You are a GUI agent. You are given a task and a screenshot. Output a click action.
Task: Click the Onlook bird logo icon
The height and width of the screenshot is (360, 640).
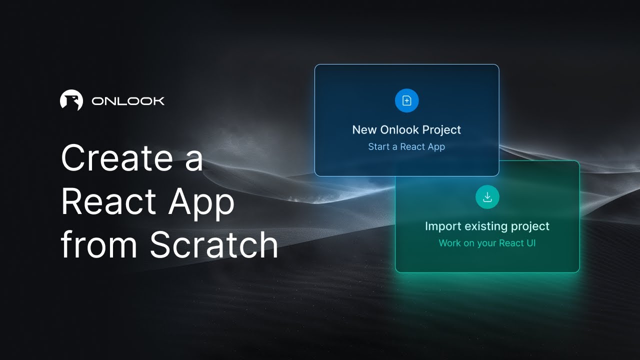tap(71, 100)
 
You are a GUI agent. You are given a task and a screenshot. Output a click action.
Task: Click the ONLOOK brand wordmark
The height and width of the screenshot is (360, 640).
tap(128, 101)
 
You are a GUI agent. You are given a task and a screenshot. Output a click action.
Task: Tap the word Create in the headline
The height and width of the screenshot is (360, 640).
tap(116, 158)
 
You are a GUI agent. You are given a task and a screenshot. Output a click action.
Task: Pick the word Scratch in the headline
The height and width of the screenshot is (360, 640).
tap(214, 244)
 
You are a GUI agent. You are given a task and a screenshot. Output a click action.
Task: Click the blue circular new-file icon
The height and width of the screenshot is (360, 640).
tap(406, 100)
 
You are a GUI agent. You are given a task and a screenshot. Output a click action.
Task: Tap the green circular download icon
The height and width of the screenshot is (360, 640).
tap(487, 196)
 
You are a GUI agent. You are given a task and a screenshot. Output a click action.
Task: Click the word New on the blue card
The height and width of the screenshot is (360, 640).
tap(364, 130)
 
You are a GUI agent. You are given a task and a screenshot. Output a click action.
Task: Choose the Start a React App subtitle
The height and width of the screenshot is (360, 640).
tap(406, 147)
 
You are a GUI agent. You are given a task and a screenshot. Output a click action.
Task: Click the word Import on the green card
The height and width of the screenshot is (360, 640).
tap(442, 226)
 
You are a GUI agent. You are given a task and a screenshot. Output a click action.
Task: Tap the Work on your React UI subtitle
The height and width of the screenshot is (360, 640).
tap(487, 243)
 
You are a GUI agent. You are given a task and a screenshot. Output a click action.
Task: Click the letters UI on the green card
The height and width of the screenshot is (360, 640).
tap(530, 243)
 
